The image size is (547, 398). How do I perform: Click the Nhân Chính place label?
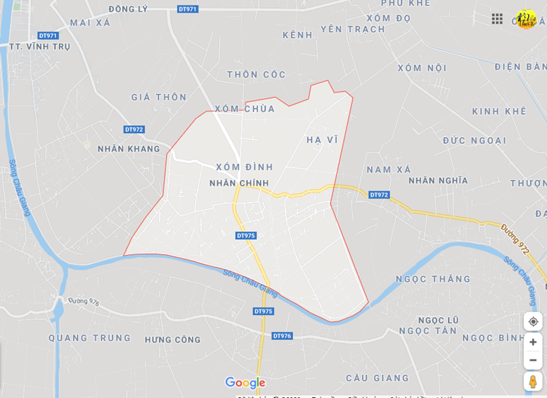click(239, 183)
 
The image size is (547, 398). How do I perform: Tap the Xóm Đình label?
click(244, 167)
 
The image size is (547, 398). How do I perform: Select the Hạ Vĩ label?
click(322, 140)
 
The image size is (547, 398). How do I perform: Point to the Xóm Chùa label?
click(245, 109)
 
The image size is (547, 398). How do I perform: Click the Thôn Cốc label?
click(257, 74)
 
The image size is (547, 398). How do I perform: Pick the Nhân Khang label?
click(129, 149)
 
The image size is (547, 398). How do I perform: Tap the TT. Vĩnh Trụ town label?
click(39, 47)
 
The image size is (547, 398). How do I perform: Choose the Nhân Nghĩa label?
click(438, 180)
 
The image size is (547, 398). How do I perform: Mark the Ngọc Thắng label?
click(434, 279)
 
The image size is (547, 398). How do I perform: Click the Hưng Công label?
click(173, 340)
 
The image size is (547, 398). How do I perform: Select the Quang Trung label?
click(90, 338)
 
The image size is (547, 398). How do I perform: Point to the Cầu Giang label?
click(377, 378)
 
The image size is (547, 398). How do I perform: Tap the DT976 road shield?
click(282, 336)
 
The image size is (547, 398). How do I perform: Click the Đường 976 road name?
click(84, 301)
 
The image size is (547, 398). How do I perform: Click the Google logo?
click(245, 383)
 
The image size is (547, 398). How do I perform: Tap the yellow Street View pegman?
click(533, 382)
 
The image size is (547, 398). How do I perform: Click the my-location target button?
click(533, 322)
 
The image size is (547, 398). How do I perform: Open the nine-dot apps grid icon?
click(497, 19)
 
